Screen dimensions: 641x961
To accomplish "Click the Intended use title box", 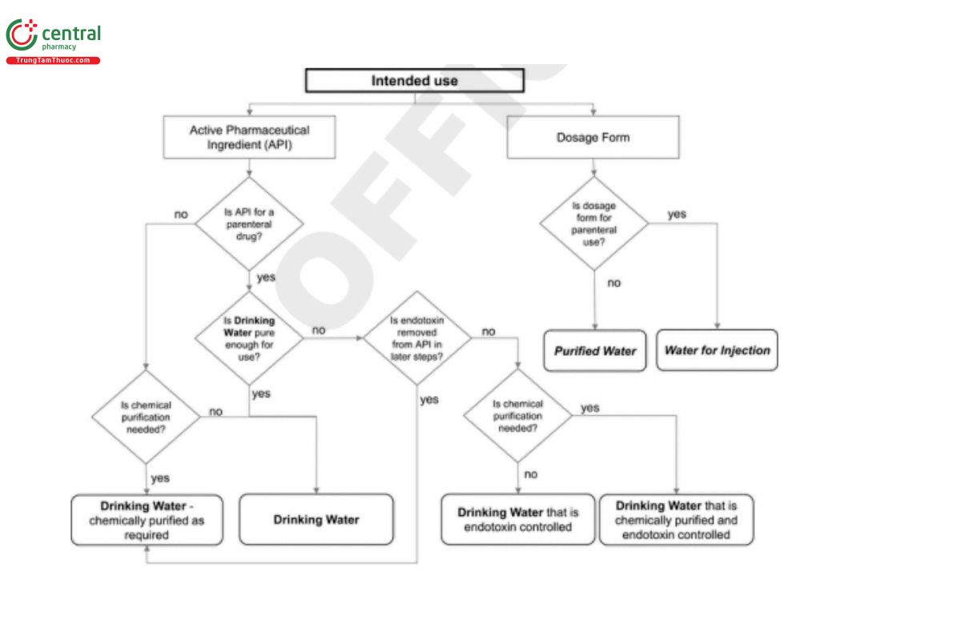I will click(414, 80).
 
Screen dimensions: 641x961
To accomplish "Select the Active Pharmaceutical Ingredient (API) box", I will click(248, 137).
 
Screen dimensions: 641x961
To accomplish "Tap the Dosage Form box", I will click(593, 137).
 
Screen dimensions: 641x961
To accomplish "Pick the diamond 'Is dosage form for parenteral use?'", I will click(593, 224).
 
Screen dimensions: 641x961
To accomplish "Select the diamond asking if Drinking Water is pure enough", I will click(250, 338).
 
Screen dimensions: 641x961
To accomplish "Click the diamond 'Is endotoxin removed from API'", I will click(416, 338).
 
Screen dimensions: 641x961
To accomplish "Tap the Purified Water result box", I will click(594, 351).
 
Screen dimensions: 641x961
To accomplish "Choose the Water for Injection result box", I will click(717, 351).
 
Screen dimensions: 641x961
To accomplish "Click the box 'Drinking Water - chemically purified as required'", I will click(147, 520).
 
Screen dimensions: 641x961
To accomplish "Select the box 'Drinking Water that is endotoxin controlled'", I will click(517, 520).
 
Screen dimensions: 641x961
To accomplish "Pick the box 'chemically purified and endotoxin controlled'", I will click(676, 520).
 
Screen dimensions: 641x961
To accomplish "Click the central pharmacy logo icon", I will click(22, 35).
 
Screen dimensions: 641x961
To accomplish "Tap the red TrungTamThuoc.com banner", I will click(53, 61).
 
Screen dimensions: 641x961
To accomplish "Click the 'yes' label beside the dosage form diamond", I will click(677, 214).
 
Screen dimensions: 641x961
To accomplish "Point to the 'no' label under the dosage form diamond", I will click(613, 283).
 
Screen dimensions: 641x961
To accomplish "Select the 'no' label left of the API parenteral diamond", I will click(181, 214).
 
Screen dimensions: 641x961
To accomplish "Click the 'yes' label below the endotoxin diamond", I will click(429, 399).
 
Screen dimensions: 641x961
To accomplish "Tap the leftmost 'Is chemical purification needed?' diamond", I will click(146, 417).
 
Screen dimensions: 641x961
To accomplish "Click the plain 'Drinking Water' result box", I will click(316, 520).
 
